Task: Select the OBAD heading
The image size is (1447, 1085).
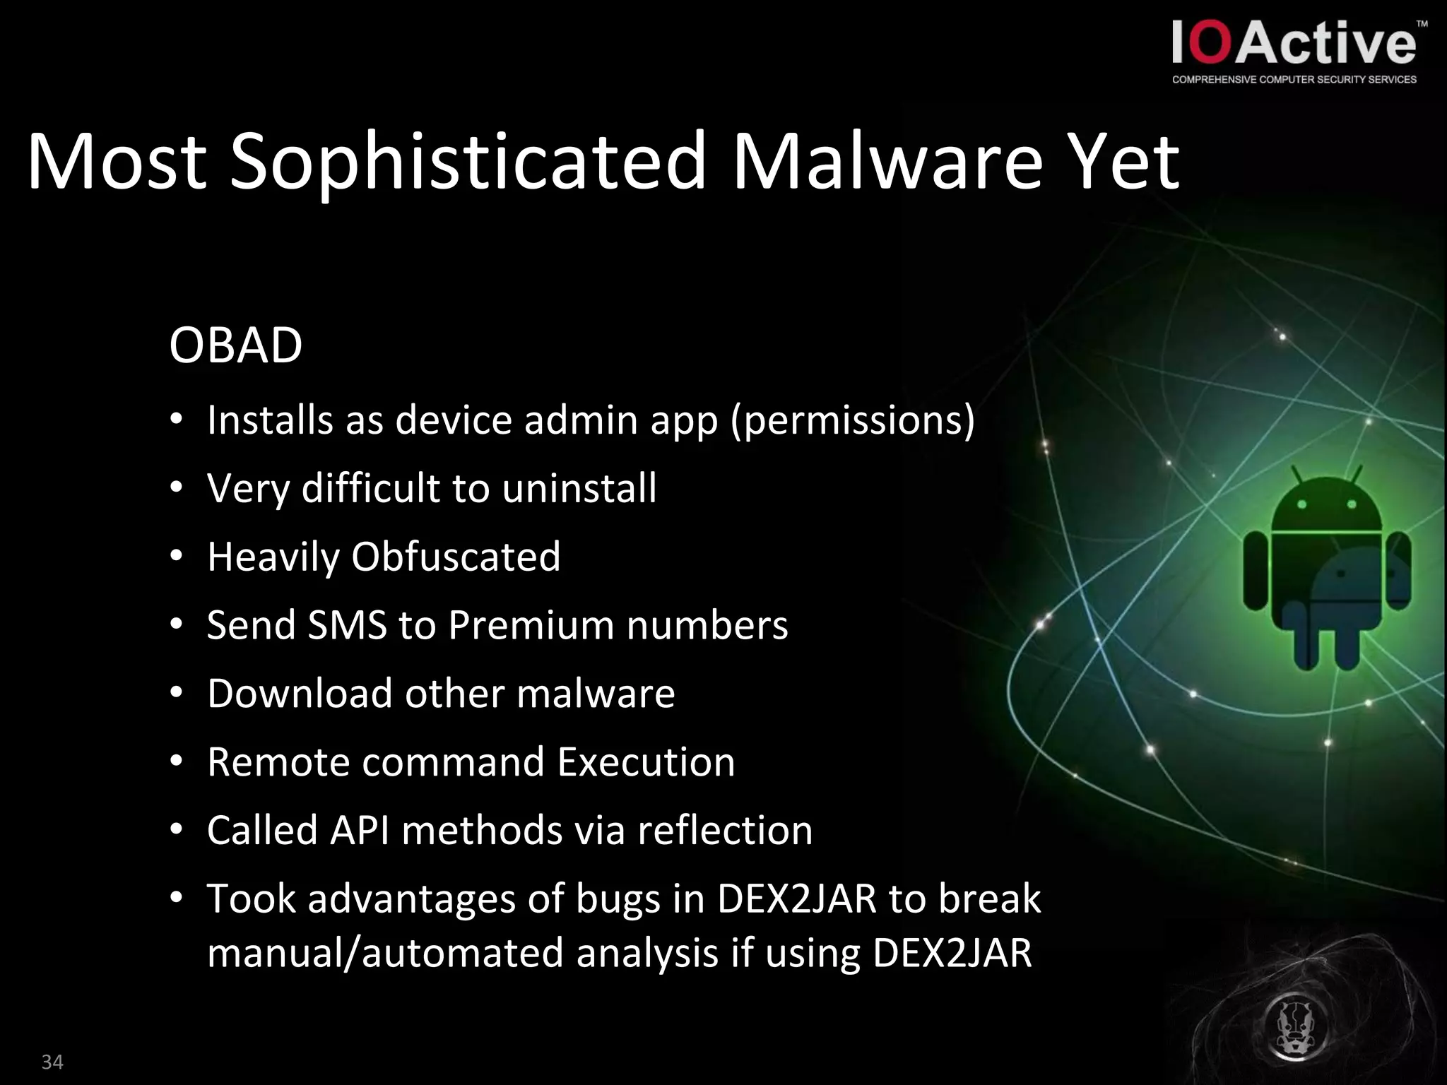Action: (235, 345)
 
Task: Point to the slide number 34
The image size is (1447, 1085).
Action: (52, 1062)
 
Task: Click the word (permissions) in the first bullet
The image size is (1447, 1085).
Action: (852, 421)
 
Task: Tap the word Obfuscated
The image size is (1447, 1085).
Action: (456, 557)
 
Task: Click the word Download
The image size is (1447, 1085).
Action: (300, 694)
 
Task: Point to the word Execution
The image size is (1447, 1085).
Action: (646, 762)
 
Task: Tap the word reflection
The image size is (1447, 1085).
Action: (725, 830)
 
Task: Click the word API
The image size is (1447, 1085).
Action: (360, 830)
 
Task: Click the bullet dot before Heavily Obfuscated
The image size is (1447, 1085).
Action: (177, 557)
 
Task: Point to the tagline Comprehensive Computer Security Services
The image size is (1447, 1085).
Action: (1294, 80)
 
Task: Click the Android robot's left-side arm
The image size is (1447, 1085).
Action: (1256, 571)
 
